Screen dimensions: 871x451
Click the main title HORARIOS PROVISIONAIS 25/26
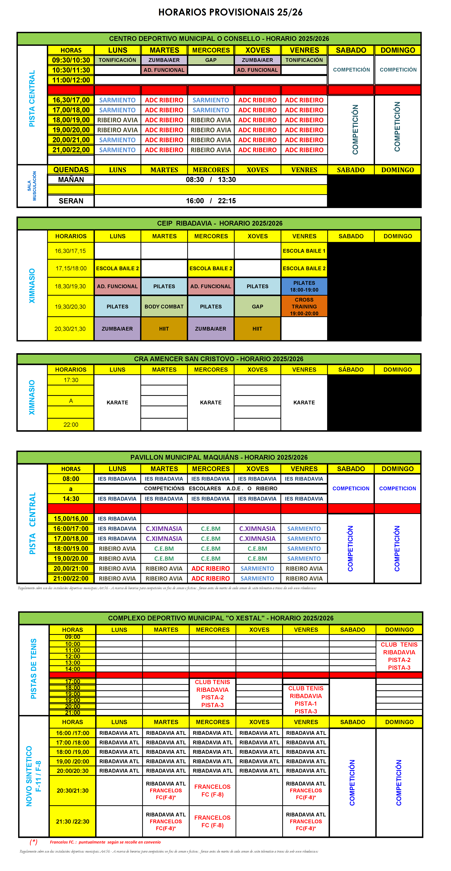click(230, 12)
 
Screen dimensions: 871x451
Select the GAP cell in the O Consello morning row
click(211, 60)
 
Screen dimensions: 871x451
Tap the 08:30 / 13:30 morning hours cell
click(211, 179)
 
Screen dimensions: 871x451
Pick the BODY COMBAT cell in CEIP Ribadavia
click(164, 306)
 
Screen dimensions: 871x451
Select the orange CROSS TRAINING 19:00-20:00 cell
click(304, 306)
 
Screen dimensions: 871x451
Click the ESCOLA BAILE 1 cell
click(304, 251)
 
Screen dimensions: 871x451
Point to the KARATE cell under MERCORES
click(211, 402)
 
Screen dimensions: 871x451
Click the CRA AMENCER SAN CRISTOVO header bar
click(219, 359)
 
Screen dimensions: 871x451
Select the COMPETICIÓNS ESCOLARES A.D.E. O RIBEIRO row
click(211, 488)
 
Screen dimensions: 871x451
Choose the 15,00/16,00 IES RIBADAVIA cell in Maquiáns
click(117, 518)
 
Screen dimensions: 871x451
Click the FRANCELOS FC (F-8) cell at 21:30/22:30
click(212, 821)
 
